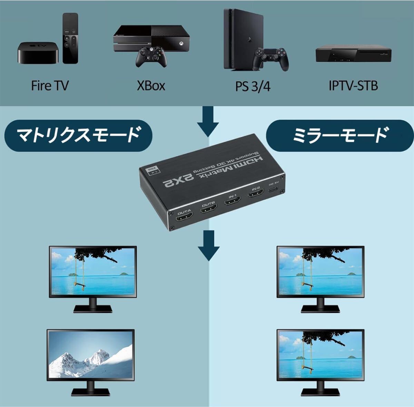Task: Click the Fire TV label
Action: point(50,85)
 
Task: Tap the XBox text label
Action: point(151,85)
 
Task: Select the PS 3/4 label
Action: point(253,86)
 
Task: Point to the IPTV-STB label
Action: point(353,85)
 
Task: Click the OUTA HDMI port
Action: point(185,218)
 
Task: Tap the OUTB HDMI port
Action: point(208,209)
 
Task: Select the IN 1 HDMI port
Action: point(233,200)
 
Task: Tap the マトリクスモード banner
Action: point(79,135)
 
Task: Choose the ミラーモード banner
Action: point(340,135)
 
